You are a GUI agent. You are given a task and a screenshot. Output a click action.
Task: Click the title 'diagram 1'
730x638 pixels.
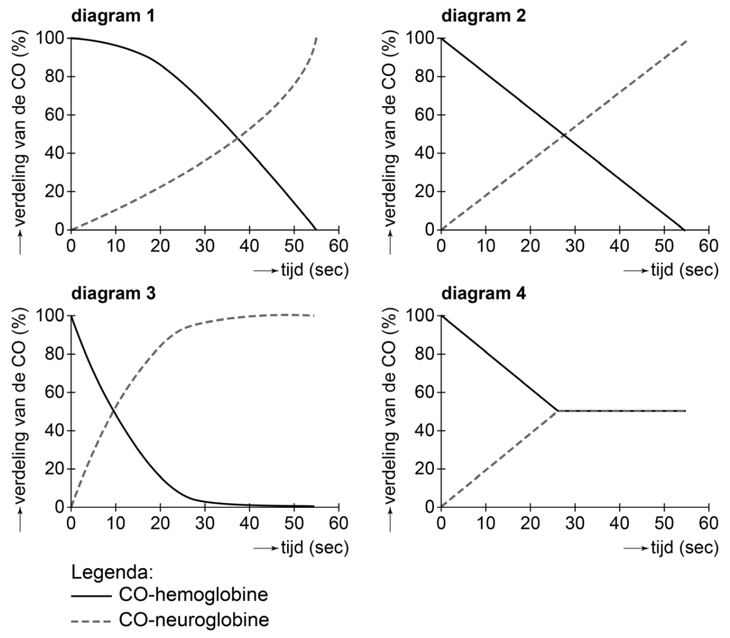112,15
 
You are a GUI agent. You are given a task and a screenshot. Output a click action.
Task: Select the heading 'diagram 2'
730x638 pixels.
483,15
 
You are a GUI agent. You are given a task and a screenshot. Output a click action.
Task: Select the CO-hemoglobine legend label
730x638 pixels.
193,594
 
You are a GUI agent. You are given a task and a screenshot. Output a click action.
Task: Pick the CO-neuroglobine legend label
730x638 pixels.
194,620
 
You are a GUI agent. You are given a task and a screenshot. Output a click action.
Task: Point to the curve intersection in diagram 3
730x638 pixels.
114,410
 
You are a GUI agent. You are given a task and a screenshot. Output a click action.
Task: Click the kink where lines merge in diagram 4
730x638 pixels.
557,411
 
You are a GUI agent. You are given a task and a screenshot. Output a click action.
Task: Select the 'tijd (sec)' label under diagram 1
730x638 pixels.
314,270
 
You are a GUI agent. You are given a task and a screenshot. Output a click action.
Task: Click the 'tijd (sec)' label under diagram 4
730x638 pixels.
684,547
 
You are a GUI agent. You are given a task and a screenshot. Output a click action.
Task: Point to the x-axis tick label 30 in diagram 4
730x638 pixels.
575,523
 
